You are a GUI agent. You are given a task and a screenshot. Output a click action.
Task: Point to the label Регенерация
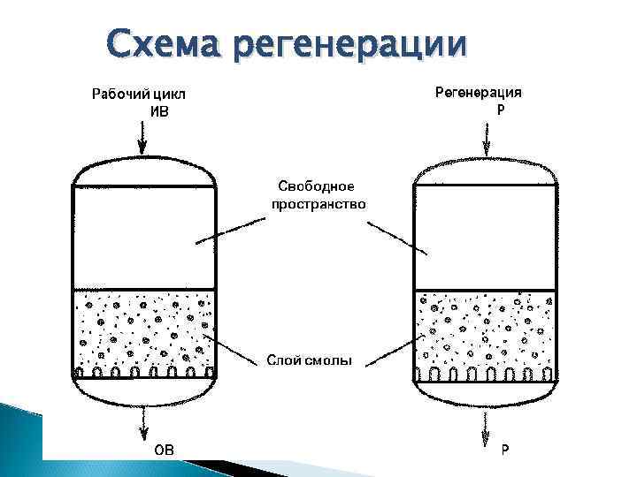click(478, 92)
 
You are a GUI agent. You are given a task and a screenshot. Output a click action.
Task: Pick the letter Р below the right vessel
click(504, 450)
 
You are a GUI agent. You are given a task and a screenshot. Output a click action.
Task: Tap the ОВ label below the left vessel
click(165, 450)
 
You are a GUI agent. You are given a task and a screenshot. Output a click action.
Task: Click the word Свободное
click(316, 186)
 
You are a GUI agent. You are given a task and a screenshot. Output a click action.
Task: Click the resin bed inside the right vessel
click(485, 330)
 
